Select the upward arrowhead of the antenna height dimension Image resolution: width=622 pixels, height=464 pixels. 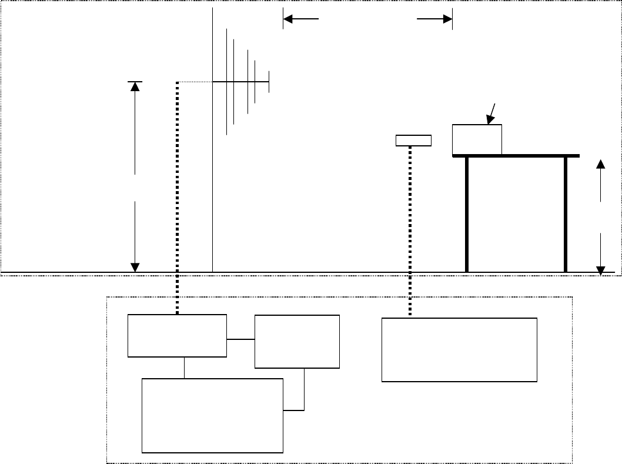(x=135, y=86)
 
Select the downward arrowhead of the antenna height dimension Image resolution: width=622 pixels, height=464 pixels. (x=135, y=267)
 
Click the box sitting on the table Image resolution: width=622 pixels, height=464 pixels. (x=477, y=139)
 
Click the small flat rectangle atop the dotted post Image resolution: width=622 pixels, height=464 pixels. (x=413, y=140)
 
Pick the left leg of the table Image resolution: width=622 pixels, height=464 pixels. (x=467, y=215)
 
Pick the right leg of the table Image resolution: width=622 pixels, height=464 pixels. (x=566, y=215)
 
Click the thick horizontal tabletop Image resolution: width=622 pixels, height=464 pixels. (x=516, y=156)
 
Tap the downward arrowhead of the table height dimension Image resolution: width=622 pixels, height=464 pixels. (x=601, y=270)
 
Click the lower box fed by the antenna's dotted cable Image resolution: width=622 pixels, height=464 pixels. (x=177, y=335)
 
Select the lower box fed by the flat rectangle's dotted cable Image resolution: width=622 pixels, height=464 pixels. (x=459, y=350)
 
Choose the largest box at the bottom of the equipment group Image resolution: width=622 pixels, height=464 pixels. (x=212, y=415)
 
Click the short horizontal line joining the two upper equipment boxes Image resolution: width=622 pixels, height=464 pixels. (x=240, y=339)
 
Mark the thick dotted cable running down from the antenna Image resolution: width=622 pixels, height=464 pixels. (x=177, y=194)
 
